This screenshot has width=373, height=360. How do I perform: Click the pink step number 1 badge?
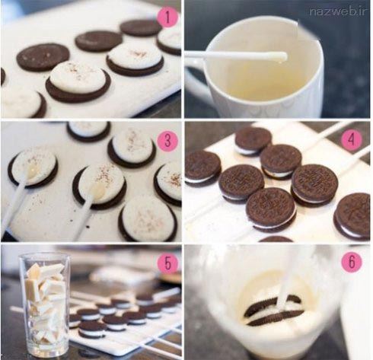pyautogui.click(x=167, y=17)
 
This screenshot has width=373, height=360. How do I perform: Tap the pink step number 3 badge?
pyautogui.click(x=167, y=141)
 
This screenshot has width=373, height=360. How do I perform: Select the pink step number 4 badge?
pyautogui.click(x=352, y=139)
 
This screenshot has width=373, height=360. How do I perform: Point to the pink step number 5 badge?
pyautogui.click(x=167, y=264)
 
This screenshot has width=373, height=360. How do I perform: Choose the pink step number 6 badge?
pyautogui.click(x=352, y=261)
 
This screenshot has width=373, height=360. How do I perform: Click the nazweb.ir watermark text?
pyautogui.click(x=338, y=11)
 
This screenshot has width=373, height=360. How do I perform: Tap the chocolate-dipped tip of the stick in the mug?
pyautogui.click(x=281, y=56)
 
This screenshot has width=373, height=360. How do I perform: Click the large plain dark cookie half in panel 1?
pyautogui.click(x=43, y=57)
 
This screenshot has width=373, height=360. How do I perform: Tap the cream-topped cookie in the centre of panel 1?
pyautogui.click(x=78, y=81)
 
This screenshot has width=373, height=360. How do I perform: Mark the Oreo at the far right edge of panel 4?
pyautogui.click(x=352, y=216)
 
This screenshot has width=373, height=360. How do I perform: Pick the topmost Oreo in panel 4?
pyautogui.click(x=253, y=141)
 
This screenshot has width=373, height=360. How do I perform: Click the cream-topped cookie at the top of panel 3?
pyautogui.click(x=88, y=132)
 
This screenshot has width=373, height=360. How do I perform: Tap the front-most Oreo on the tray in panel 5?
pyautogui.click(x=92, y=330)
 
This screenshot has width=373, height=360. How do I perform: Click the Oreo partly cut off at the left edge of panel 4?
pyautogui.click(x=202, y=168)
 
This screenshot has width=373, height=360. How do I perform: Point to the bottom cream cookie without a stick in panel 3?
pyautogui.click(x=148, y=218)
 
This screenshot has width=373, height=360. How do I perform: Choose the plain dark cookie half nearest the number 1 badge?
pyautogui.click(x=140, y=27)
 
